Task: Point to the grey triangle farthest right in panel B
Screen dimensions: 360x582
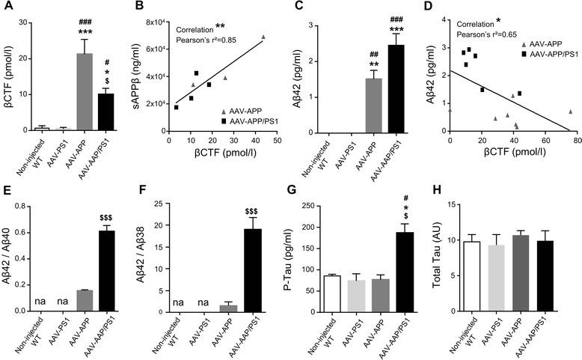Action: point(263,37)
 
